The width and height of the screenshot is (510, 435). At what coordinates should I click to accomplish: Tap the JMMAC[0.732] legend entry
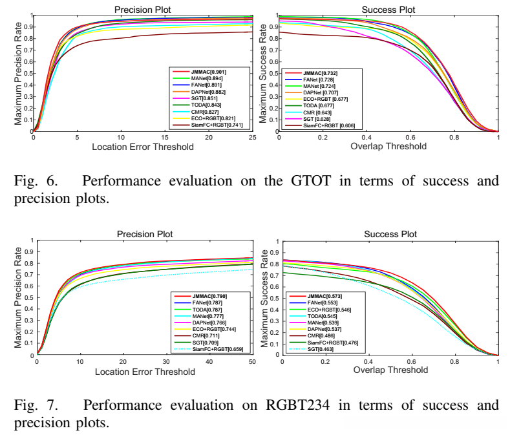(x=319, y=73)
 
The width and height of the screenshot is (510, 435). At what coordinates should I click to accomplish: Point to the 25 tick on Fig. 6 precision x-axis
(x=251, y=138)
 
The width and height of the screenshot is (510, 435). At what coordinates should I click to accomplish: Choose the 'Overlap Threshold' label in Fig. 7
(x=390, y=370)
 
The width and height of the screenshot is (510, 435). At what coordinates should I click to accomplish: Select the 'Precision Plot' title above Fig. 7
(x=144, y=233)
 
